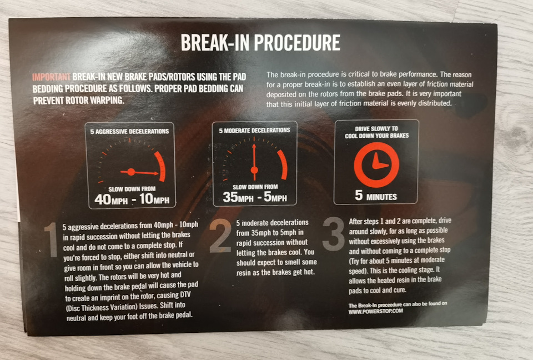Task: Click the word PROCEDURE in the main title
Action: point(296,43)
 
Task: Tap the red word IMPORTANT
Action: point(51,77)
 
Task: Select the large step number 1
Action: point(52,239)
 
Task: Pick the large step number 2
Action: point(220,236)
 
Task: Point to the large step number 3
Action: point(334,234)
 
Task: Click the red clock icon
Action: point(376,165)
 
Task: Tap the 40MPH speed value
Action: point(111,199)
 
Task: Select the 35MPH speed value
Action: point(238,197)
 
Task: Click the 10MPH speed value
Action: point(154,199)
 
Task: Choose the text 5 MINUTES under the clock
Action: point(376,196)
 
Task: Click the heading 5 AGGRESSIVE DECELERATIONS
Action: point(129,131)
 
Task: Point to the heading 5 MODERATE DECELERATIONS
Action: point(255,131)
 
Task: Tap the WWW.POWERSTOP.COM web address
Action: point(376,311)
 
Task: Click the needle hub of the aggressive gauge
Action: point(131,172)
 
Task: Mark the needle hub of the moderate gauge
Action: point(254,170)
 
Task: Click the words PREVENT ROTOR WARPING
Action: point(78,101)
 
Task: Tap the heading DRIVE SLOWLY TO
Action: point(376,129)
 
